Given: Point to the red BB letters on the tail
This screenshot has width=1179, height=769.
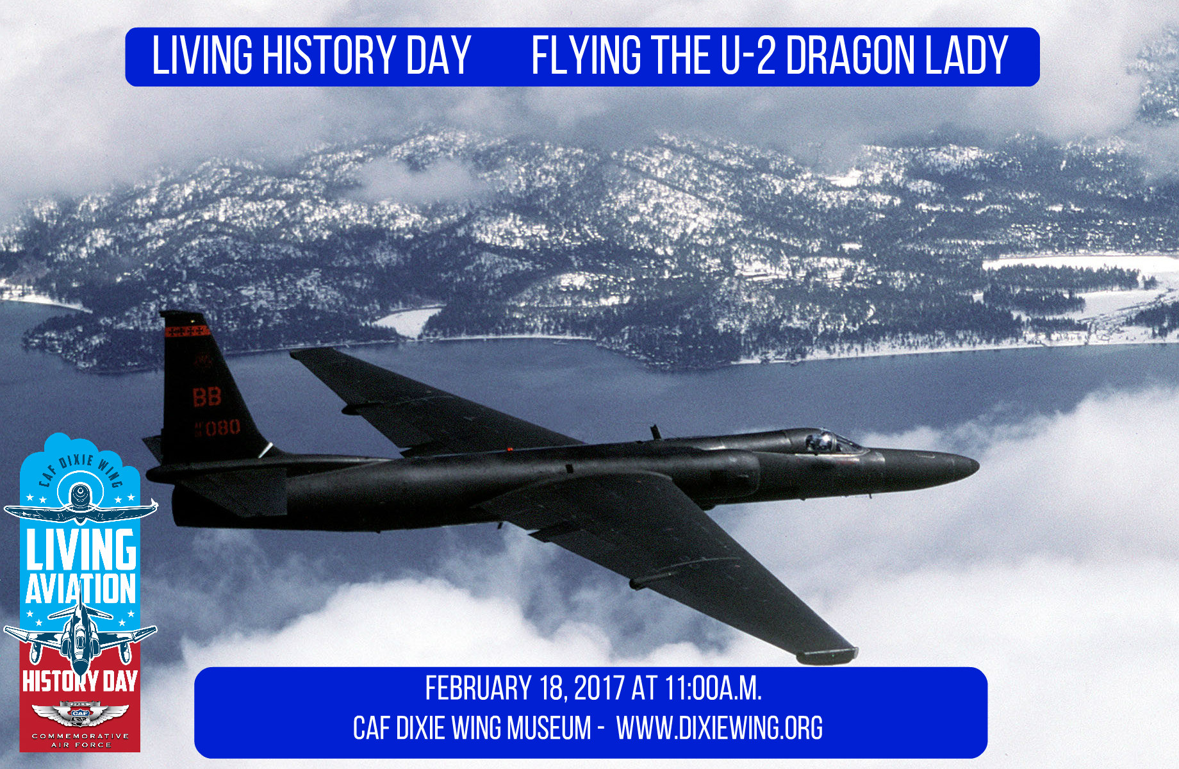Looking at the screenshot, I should coord(207,397).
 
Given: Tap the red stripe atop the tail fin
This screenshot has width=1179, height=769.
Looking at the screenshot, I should coord(187,331).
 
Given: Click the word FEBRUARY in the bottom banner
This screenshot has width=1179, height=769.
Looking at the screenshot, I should coord(478,689).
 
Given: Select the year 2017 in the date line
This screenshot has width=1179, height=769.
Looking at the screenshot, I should coord(598,689).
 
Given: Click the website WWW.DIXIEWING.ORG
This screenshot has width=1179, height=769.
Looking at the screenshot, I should coord(719,729).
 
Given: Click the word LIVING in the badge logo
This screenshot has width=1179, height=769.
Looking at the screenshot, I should coord(81,550).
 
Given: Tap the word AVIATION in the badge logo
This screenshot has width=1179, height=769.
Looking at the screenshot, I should coord(81,589).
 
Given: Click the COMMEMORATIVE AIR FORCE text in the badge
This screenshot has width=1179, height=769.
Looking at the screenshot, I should coord(80,740).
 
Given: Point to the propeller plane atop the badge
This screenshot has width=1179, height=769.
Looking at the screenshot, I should coord(80,506).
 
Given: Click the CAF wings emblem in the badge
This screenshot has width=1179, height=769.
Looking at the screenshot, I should coord(80,713).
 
